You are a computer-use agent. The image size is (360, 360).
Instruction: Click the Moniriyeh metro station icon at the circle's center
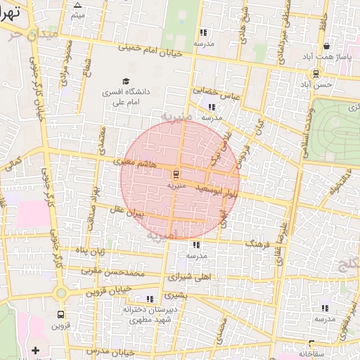(x=176, y=174)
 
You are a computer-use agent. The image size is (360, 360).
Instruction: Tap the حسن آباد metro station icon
(x=316, y=73)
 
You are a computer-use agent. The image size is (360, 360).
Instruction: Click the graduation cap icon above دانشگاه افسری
(x=126, y=82)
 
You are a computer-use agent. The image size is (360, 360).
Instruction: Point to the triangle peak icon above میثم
(x=77, y=5)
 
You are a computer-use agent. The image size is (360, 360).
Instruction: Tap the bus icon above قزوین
(x=60, y=315)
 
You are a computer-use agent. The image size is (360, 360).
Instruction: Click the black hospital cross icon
(x=35, y=349)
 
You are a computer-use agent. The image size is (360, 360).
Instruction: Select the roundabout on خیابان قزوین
(x=61, y=292)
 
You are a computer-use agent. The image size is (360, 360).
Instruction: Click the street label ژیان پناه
(x=90, y=250)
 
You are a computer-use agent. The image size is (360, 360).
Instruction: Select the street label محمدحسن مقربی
(x=112, y=271)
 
